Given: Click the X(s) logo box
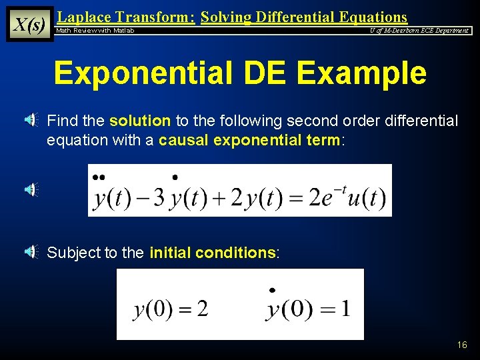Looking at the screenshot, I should pyautogui.click(x=29, y=24).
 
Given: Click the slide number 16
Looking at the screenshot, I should pyautogui.click(x=462, y=345).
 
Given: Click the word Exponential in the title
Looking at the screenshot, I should pyautogui.click(x=148, y=73).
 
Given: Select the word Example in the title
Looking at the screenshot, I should pyautogui.click(x=361, y=73).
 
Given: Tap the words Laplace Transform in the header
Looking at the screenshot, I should pyautogui.click(x=127, y=17).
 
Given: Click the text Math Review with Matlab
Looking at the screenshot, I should pyautogui.click(x=95, y=31).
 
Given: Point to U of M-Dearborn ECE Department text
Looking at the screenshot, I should pyautogui.click(x=419, y=31).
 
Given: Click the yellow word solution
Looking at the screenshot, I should pyautogui.click(x=140, y=121).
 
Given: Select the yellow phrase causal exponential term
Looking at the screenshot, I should pyautogui.click(x=249, y=141).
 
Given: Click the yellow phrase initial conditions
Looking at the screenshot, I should pyautogui.click(x=212, y=253).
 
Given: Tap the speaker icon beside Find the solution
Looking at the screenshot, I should pyautogui.click(x=31, y=121).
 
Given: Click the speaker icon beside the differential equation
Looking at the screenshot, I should pyautogui.click(x=31, y=190).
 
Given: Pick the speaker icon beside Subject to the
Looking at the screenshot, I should pyautogui.click(x=31, y=252).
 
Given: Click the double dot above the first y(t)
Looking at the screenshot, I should pyautogui.click(x=99, y=177).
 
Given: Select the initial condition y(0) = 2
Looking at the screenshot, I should pyautogui.click(x=171, y=309).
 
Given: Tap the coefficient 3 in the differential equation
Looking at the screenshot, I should pyautogui.click(x=159, y=199).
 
